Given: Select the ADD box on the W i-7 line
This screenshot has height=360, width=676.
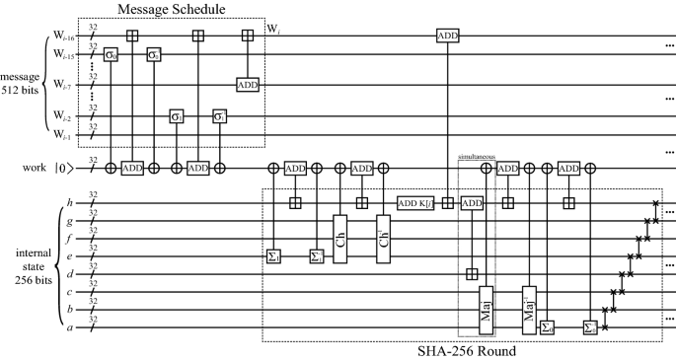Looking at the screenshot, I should [247, 85].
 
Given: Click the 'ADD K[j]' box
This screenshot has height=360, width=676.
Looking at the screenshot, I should [415, 203].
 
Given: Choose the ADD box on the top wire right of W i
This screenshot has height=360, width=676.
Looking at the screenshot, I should [449, 36].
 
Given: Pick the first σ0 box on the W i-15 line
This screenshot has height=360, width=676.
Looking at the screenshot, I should [111, 53].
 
